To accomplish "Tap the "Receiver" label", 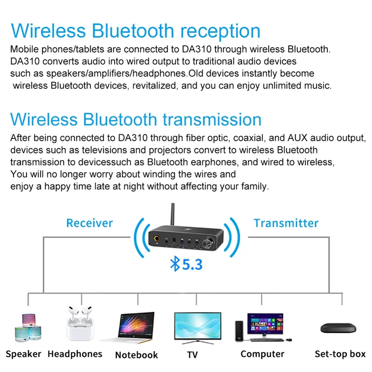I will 89,223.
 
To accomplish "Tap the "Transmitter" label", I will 286,223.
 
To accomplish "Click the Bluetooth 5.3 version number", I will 192,265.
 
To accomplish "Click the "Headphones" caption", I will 75,354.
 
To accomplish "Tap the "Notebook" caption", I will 136,355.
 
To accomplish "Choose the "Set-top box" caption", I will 340,354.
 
